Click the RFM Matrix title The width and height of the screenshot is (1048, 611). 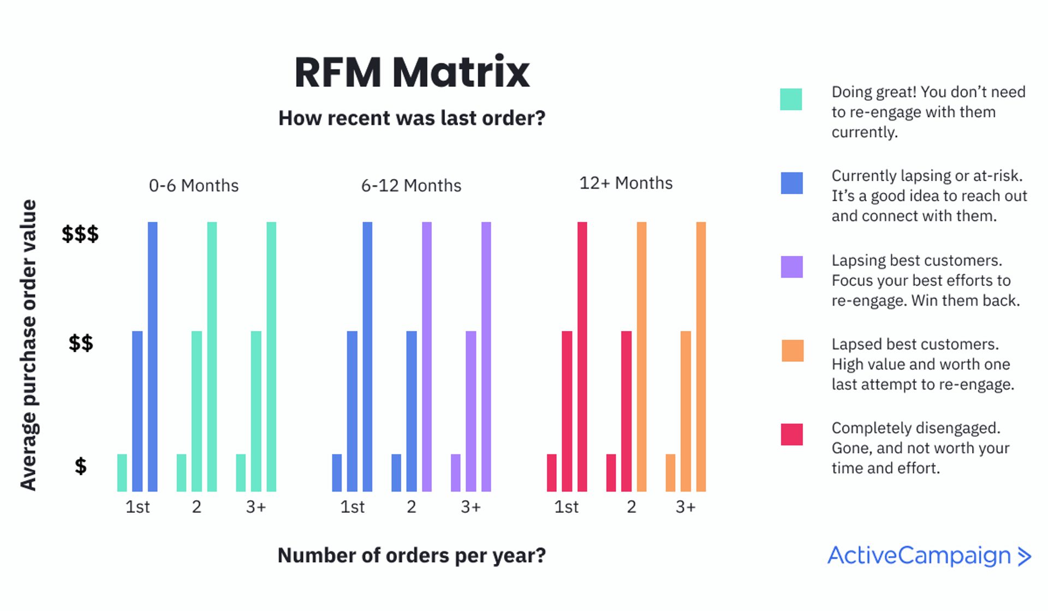click(412, 72)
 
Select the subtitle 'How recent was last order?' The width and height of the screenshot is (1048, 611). click(412, 118)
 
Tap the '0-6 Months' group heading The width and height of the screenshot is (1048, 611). click(194, 185)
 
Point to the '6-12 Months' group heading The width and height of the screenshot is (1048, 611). click(411, 185)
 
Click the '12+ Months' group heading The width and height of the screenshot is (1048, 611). click(626, 183)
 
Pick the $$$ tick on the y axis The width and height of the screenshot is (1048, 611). click(80, 233)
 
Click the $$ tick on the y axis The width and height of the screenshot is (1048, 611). click(81, 343)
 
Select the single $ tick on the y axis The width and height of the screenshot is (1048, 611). click(81, 466)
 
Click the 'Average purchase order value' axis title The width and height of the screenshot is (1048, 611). click(28, 345)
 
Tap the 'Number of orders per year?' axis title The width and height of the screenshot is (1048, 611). click(412, 555)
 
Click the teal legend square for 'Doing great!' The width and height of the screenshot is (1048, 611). click(791, 99)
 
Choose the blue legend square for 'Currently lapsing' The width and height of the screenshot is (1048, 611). click(791, 183)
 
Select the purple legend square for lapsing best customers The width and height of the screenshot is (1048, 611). click(791, 267)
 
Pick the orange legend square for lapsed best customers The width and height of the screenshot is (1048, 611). click(792, 351)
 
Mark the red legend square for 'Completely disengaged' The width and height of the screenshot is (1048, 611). click(791, 434)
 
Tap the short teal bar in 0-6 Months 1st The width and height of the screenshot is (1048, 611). click(122, 472)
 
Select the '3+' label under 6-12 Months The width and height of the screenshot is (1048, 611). click(471, 507)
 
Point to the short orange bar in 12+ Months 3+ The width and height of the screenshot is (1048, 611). click(670, 472)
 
